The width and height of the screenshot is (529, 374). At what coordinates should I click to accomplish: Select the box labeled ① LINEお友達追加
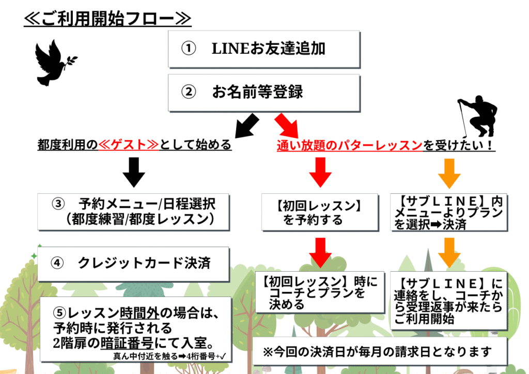263,49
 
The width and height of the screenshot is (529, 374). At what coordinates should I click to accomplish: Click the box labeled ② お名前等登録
263,92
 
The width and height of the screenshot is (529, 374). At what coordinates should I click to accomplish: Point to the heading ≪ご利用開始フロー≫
107,19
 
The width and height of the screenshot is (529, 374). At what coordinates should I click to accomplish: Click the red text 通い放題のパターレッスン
350,146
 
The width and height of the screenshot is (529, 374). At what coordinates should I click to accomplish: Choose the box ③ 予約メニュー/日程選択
134,211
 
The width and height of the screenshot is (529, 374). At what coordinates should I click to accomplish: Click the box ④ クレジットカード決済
134,263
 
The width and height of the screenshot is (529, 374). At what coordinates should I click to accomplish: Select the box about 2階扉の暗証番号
134,328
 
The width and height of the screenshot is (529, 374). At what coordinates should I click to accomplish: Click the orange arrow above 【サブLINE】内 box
448,173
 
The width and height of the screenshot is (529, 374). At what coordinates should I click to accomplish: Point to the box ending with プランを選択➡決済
448,212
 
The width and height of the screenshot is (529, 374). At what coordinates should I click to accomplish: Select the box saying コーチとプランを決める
320,292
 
